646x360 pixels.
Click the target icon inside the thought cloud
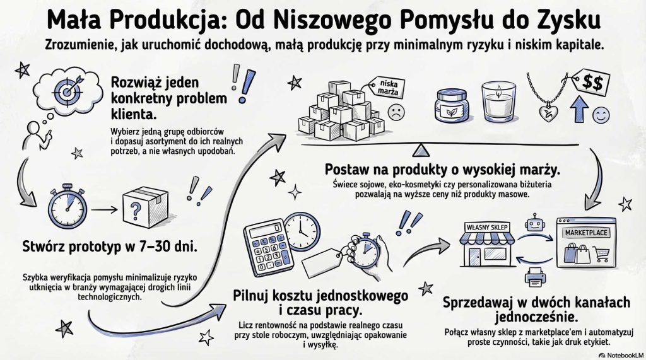click(65, 89)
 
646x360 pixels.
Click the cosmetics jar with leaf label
click(453, 105)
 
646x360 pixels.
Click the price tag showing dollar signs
click(592, 82)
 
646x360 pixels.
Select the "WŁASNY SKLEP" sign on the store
click(487, 226)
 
